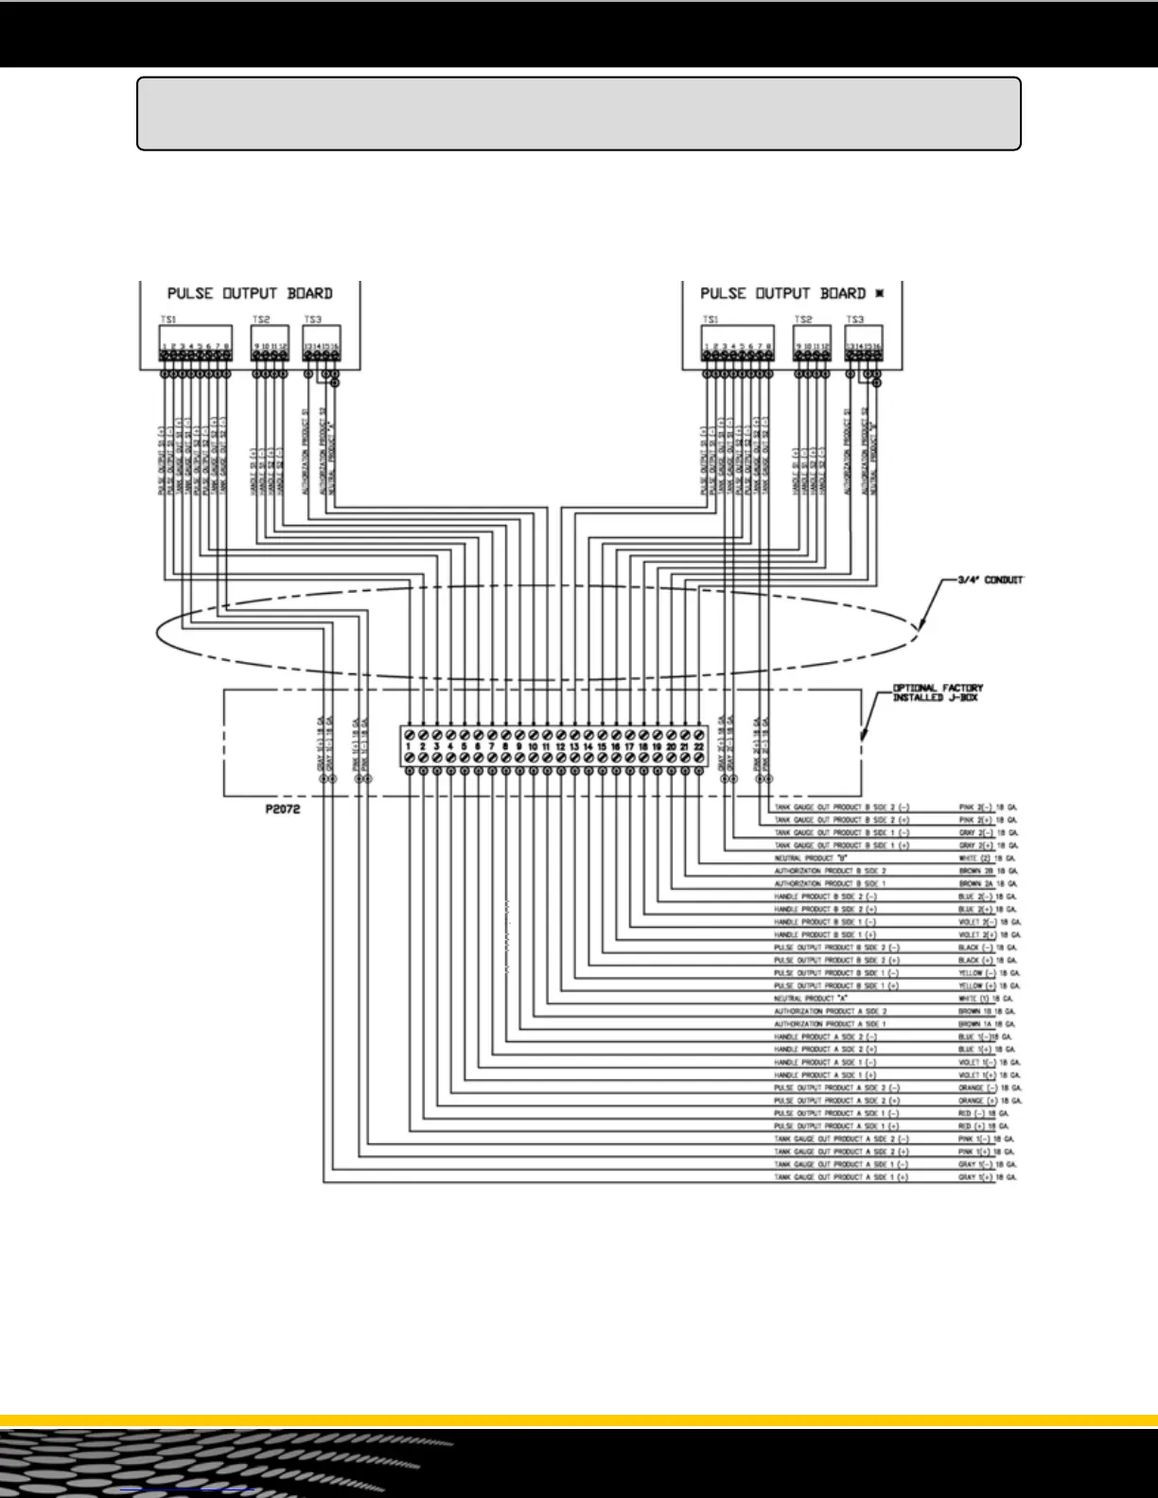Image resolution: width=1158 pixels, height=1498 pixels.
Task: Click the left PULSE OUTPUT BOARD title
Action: coord(250,293)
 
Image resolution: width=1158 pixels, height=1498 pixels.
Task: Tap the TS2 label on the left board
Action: coord(261,321)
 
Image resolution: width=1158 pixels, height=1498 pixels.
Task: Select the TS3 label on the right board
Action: coord(855,321)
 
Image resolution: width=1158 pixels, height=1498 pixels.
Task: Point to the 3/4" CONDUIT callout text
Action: coord(985,580)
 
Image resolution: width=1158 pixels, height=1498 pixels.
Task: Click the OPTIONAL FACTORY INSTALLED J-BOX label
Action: coord(938,693)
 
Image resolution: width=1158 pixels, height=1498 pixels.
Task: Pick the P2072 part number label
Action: coord(283,810)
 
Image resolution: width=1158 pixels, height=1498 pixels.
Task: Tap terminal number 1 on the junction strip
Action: coord(408,747)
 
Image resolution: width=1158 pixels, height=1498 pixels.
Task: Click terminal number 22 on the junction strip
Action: coord(698,747)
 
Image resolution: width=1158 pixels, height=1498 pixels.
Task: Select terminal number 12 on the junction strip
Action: coord(560,747)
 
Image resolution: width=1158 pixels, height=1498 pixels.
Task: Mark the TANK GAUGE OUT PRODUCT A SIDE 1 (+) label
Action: coord(841,1177)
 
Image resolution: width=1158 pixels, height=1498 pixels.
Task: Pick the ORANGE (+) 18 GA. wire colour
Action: coord(990,1101)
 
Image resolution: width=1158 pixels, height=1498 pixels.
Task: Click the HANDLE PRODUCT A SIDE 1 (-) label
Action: coord(825,1063)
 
